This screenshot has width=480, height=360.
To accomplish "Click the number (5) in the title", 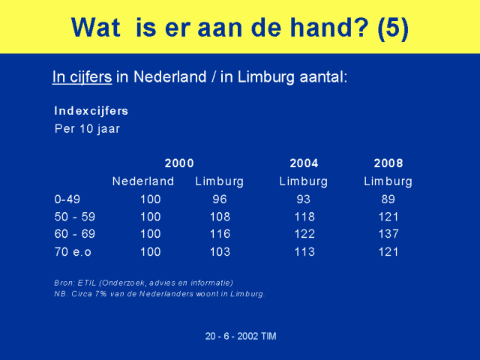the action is (393, 28).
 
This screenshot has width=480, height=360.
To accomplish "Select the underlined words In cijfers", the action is (82, 76).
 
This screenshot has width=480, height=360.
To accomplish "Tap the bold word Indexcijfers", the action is (91, 111).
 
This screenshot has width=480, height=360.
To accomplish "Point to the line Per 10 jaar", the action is (87, 129).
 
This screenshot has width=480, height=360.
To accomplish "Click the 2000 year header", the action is (179, 163).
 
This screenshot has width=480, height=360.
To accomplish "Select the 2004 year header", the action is (304, 163).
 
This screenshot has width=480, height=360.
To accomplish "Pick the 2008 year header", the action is (388, 163).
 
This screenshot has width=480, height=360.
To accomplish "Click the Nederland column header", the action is (143, 181).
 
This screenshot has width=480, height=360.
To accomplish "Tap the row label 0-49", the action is (67, 199).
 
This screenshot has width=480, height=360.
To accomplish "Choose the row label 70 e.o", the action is (73, 252).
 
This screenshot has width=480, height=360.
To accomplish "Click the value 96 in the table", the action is (220, 199).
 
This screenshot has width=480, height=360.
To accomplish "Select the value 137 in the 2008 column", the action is (388, 234).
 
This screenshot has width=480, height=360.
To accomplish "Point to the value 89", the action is (388, 199).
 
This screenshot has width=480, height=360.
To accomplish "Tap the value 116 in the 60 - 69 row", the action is (220, 234).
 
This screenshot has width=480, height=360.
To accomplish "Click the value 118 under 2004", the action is (304, 217).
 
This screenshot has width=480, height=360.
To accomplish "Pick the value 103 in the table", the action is (220, 252).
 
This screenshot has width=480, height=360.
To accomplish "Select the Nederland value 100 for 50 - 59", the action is (151, 217).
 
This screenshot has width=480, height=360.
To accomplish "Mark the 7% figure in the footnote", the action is (100, 294).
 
